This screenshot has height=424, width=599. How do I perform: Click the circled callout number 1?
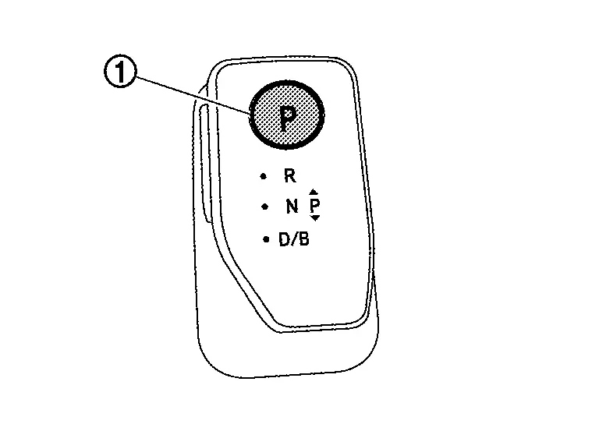point(120,72)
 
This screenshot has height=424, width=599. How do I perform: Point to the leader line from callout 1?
point(193,94)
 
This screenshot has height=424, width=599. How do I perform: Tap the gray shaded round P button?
point(286,115)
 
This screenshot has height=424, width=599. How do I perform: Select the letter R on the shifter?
point(290,176)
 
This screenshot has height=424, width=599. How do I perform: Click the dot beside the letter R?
point(263,176)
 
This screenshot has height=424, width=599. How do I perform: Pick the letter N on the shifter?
point(292,207)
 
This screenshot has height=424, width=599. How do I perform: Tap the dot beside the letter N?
point(264,207)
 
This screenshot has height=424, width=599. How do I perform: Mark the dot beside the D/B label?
point(266,239)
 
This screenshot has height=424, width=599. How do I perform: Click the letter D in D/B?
point(285,239)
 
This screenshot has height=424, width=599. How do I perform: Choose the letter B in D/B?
point(303,239)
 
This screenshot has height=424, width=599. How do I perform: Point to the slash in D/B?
point(295,239)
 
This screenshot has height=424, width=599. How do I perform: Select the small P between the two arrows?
point(314,205)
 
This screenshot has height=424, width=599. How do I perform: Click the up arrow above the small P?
point(314,192)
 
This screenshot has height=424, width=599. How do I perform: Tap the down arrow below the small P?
point(315,218)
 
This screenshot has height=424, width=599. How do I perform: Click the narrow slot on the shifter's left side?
point(204,164)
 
